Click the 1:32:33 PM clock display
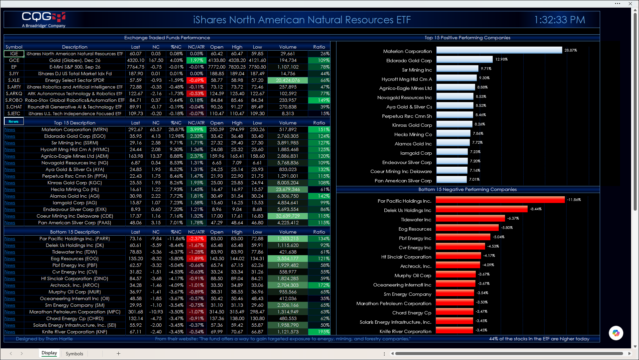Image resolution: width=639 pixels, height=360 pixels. pos(560,20)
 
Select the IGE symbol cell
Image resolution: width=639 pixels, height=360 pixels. pos(14,54)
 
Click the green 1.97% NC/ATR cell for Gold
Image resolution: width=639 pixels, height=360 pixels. pos(196,60)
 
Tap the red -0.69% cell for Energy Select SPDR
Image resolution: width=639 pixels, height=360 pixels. pos(196,80)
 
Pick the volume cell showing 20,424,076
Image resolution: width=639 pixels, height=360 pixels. pos(288,80)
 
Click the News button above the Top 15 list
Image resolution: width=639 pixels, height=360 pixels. pos(14,121)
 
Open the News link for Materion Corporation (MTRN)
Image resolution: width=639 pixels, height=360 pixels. pos(10,130)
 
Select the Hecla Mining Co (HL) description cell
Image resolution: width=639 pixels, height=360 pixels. pos(75,189)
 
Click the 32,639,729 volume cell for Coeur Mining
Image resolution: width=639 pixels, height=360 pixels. pos(288,216)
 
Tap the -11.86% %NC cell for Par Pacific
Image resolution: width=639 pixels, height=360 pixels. pos(176,239)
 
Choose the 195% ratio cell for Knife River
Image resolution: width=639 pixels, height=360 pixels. pos(319,332)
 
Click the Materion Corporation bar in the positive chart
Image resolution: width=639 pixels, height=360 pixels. pos(499,50)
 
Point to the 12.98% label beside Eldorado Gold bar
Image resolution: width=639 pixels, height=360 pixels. pos(501,59)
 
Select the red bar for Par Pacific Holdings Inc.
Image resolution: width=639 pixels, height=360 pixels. pos(500,200)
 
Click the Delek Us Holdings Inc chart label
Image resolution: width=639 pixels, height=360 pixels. pos(408,210)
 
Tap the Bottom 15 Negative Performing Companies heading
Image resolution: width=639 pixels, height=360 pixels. pos(467,189)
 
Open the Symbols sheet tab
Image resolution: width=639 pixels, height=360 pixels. pos(74,354)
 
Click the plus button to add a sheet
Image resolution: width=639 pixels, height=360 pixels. pos(118,354)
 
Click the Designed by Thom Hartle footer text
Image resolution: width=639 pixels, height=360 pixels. pos(44,339)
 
